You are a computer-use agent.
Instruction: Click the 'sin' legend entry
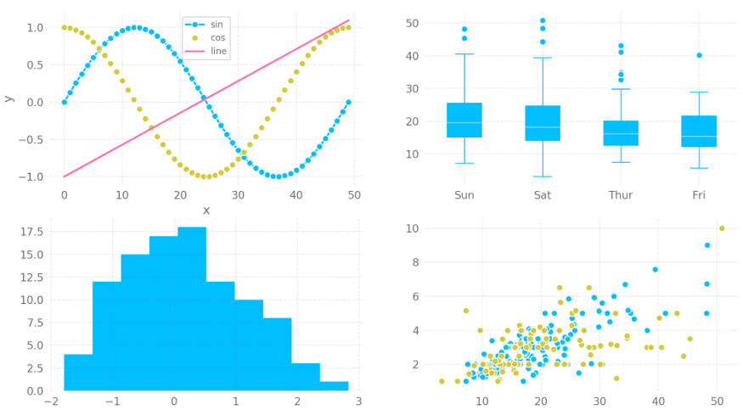click(217, 24)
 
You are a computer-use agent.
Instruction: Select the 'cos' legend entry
click(217, 37)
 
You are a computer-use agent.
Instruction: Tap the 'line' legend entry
click(217, 51)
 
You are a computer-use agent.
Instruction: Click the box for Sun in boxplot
click(464, 120)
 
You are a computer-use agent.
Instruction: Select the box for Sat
click(543, 123)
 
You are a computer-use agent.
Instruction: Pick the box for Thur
click(621, 133)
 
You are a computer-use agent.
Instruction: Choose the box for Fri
click(699, 132)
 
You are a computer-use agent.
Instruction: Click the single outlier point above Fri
click(699, 55)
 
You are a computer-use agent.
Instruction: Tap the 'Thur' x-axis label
click(621, 195)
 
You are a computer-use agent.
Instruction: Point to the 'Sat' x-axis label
click(543, 195)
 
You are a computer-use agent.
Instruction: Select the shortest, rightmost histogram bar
click(334, 386)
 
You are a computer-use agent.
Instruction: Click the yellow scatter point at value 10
click(722, 228)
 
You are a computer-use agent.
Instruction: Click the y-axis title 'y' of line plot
click(8, 98)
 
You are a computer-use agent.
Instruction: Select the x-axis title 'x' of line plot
click(205, 210)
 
